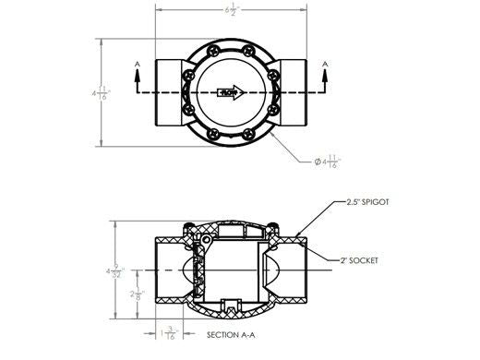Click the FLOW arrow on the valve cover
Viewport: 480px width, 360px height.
(229, 92)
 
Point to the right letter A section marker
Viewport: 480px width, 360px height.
(324, 63)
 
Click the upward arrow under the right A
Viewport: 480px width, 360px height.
(324, 80)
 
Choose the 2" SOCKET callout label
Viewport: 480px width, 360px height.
(360, 261)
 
